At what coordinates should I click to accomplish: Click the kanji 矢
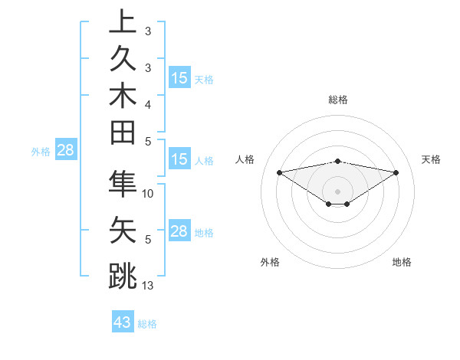[x=123, y=231]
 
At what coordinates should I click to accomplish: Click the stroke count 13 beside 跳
[x=148, y=286]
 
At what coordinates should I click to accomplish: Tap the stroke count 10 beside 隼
[x=148, y=194]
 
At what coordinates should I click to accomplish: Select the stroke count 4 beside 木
[x=148, y=103]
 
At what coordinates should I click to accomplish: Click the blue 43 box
[x=123, y=322]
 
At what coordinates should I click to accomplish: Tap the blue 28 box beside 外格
[x=65, y=150]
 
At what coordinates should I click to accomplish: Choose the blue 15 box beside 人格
[x=179, y=160]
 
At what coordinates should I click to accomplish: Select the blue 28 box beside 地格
[x=179, y=231]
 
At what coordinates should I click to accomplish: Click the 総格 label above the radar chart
[x=337, y=100]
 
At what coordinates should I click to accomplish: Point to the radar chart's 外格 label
[x=270, y=262]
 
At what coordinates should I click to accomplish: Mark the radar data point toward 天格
[x=396, y=172]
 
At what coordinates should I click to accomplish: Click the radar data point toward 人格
[x=279, y=172]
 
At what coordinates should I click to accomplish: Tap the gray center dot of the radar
[x=337, y=191]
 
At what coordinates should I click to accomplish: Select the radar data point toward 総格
[x=337, y=161]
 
